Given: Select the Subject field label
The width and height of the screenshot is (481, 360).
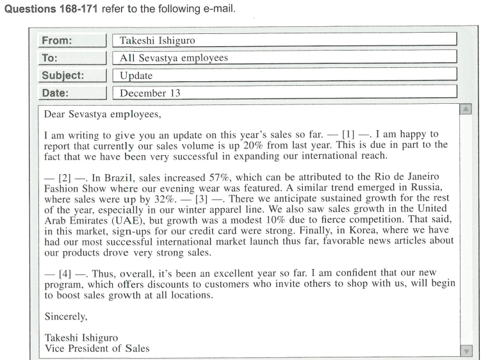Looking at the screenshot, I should (63, 76).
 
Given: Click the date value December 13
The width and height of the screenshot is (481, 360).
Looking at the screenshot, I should (151, 94).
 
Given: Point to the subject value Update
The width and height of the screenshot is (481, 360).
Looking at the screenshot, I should (136, 76).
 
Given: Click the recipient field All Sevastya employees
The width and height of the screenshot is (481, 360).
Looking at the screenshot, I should (174, 58).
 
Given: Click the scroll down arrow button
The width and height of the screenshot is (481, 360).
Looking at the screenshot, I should (466, 351).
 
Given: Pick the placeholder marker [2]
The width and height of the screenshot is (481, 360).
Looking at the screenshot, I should (59, 174).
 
